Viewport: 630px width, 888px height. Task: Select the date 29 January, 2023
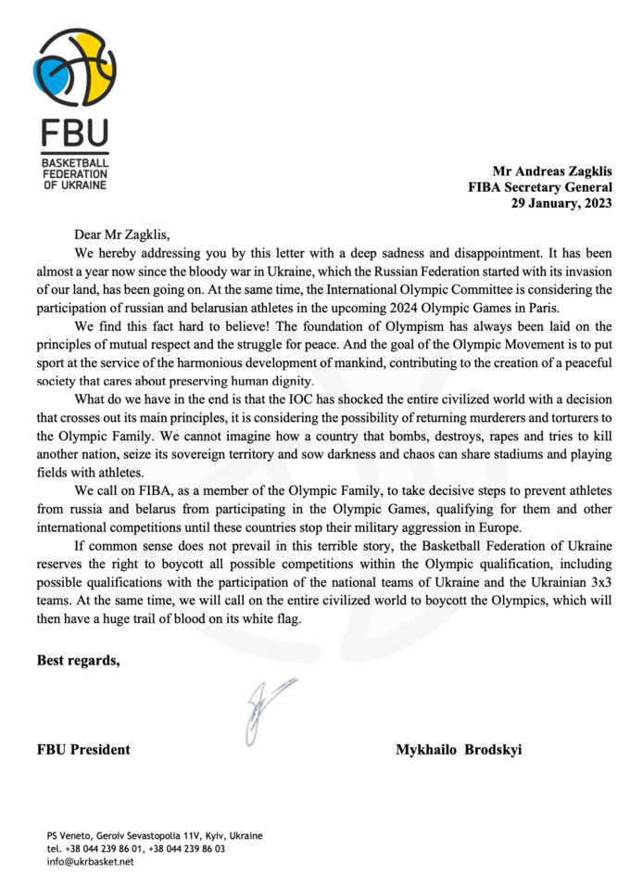(x=561, y=204)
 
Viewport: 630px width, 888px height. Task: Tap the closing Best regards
(x=78, y=661)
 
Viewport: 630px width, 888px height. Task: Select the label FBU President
(x=83, y=749)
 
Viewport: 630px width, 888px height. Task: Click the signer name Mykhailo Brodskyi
(x=459, y=749)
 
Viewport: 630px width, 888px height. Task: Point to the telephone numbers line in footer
(x=135, y=848)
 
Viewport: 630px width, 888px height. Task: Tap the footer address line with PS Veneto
(x=155, y=835)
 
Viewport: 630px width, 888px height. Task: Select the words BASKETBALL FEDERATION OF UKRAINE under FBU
(x=74, y=173)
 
